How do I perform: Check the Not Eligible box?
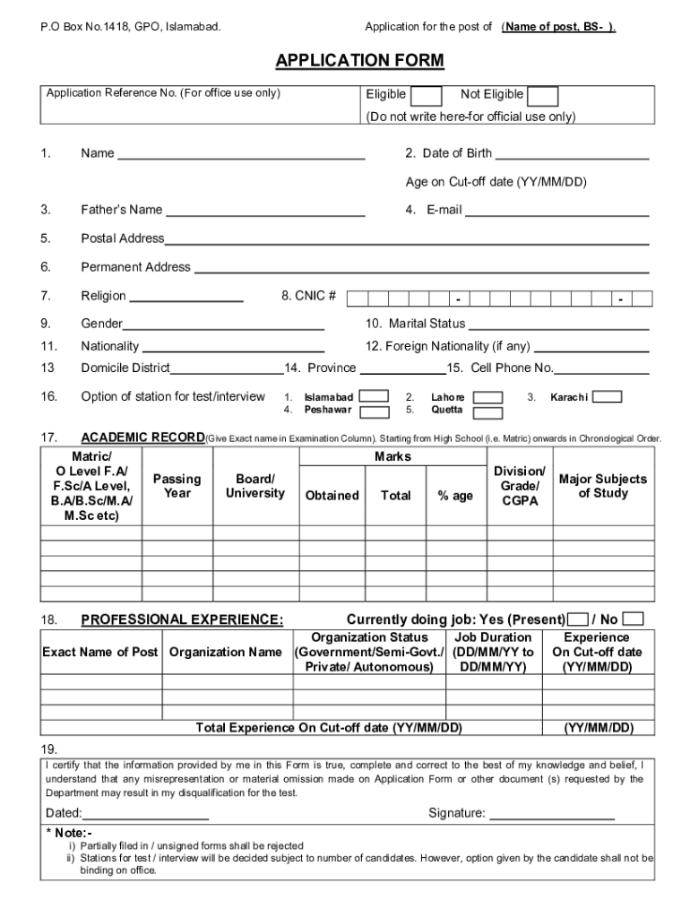pos(544,96)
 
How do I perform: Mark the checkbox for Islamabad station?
pos(374,396)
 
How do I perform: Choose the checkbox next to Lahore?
pos(487,397)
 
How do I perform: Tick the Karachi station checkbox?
pos(608,396)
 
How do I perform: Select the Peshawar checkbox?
pos(374,411)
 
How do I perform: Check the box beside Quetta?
pos(487,412)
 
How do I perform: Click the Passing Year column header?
pos(177,486)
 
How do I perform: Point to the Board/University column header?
pos(254,486)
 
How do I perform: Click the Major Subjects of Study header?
pos(602,486)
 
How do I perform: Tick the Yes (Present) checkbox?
pos(579,619)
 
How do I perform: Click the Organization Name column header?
pos(226,652)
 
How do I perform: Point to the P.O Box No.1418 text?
pos(130,27)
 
